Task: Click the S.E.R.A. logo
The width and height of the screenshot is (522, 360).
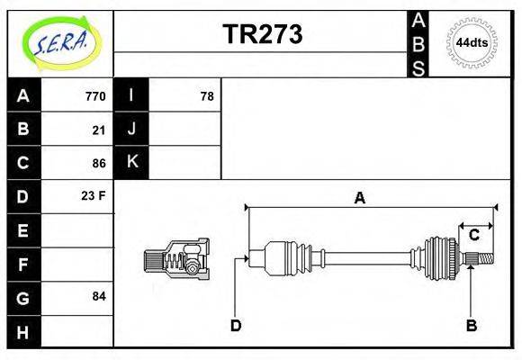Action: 59,41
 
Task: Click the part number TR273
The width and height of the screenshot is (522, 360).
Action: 262,34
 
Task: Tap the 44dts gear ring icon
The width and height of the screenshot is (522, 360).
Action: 472,43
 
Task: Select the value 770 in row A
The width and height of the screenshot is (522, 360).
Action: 95,96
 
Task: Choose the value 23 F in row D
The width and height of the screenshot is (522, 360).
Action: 94,195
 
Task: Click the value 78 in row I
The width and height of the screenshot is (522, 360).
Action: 206,96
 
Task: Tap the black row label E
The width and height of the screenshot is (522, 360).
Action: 23,230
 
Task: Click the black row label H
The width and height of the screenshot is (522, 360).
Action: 23,332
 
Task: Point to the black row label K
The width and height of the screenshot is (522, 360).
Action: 131,162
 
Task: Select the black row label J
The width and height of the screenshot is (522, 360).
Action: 131,129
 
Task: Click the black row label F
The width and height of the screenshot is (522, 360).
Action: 23,265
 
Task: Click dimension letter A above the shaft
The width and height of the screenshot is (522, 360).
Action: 359,198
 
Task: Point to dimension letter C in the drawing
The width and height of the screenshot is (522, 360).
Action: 473,235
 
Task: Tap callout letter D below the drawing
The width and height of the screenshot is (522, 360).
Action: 236,325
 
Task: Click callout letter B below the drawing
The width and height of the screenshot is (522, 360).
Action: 471,325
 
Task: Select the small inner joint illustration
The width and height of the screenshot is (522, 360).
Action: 176,259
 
